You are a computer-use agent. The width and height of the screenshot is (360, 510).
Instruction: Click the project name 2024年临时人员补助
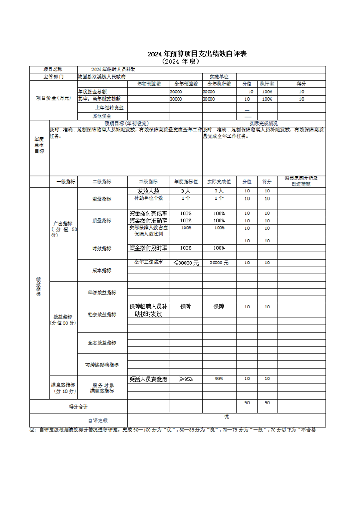click(x=113, y=69)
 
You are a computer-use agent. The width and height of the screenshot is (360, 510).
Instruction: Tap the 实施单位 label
click(x=219, y=76)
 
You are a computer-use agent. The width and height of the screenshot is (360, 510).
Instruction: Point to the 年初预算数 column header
click(x=149, y=84)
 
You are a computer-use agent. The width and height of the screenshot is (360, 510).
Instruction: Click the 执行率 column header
click(x=267, y=84)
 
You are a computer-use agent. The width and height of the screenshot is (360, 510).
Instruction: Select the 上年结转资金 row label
click(x=109, y=108)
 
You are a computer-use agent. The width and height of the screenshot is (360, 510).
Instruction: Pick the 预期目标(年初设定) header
click(x=126, y=123)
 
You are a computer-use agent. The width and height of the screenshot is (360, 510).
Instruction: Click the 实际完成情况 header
click(x=264, y=123)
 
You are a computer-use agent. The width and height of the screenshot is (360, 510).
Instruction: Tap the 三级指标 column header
click(x=149, y=181)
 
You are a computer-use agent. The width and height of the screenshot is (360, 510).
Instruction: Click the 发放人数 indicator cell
click(x=149, y=191)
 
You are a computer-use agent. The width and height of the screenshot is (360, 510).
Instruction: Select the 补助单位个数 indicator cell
click(x=149, y=198)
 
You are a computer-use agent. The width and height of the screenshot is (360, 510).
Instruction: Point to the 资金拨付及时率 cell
click(x=149, y=248)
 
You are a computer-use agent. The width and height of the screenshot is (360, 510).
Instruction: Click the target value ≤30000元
click(x=186, y=263)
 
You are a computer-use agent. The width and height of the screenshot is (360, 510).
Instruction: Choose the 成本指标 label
click(x=102, y=270)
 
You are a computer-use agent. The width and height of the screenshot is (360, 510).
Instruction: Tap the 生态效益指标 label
click(x=102, y=343)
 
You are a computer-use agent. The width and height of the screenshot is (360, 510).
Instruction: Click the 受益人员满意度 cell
click(x=149, y=379)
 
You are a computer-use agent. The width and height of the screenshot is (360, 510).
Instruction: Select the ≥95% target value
click(x=186, y=379)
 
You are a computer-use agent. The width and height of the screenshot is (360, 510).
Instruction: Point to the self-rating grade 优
click(x=226, y=416)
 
